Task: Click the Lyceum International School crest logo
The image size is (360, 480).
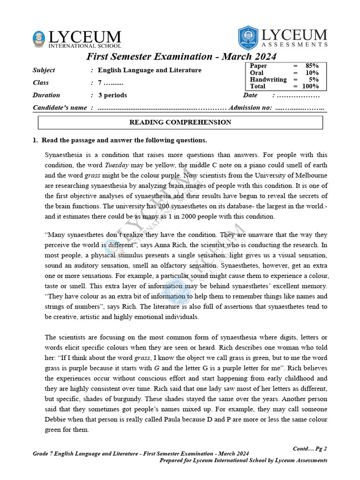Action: coord(39,38)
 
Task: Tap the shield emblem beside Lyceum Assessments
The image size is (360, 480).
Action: coord(248,37)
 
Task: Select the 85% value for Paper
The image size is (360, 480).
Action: coord(312,66)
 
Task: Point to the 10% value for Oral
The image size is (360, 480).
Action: coord(312,73)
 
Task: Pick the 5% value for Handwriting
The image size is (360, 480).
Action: coord(314,80)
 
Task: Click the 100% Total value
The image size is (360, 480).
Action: coord(310,86)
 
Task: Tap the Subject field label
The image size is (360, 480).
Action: coord(44,70)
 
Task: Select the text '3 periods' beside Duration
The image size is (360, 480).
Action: coord(112,95)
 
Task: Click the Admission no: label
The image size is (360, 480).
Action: coord(250,108)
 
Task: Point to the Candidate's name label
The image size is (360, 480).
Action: coord(60,108)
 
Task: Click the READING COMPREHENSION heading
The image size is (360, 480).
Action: coord(180,122)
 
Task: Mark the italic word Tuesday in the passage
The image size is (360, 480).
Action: coord(116,165)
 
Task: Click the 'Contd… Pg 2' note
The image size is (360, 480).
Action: coord(310,449)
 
